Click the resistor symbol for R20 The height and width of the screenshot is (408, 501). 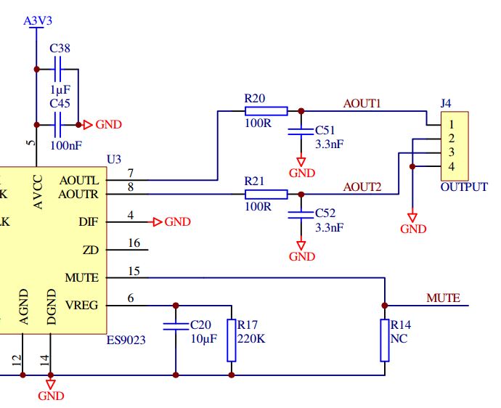click(266, 111)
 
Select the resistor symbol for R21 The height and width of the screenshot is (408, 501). click(266, 195)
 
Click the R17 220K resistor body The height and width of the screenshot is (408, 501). click(232, 340)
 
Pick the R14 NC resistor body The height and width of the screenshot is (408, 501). click(385, 340)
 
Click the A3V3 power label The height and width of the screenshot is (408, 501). click(38, 21)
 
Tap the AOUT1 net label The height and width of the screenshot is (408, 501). click(362, 104)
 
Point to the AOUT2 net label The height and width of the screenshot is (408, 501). click(362, 187)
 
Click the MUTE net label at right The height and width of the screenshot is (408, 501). click(443, 298)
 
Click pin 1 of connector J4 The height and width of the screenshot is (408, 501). click(451, 125)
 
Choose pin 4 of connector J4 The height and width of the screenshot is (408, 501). click(451, 166)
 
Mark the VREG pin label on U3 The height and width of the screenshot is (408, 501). click(81, 306)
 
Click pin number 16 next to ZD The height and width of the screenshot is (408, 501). click(134, 243)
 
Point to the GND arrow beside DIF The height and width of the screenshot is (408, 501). click(157, 222)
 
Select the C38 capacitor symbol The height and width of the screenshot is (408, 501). click(59, 70)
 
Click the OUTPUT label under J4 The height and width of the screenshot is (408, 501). click(464, 187)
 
